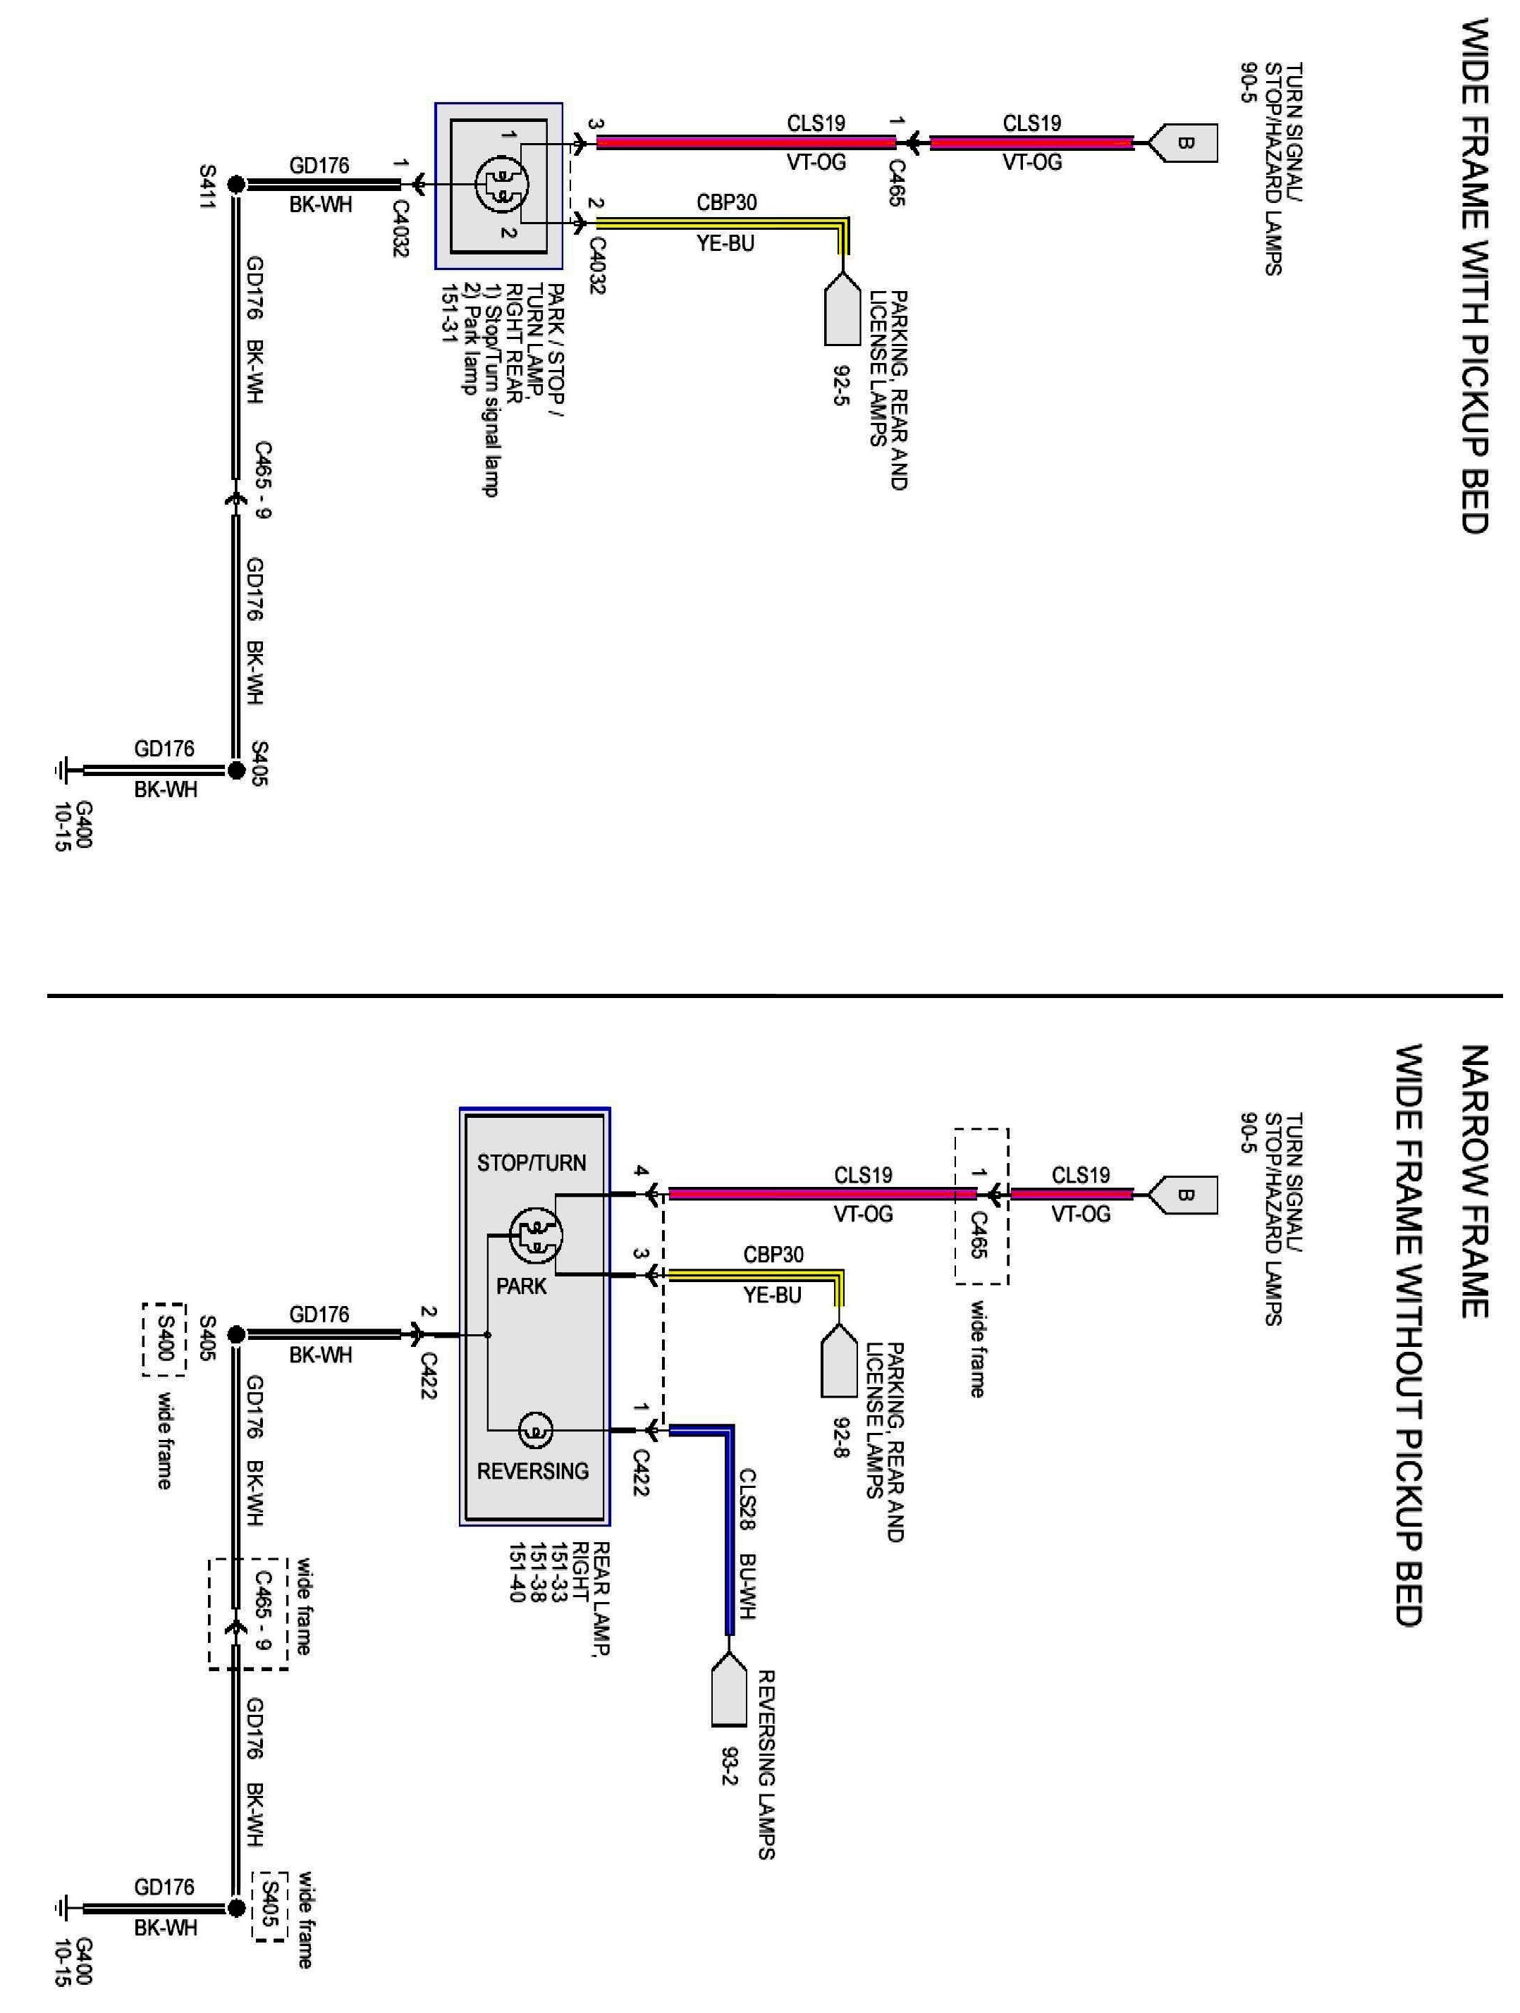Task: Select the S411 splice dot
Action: [235, 185]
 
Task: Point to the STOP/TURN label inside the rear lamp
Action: [532, 1162]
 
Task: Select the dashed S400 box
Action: [164, 1338]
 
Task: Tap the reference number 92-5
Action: [838, 385]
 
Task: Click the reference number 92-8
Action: [838, 1435]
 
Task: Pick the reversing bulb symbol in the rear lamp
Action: [534, 1432]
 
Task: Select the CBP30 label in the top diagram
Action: [726, 202]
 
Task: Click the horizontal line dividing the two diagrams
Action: [773, 997]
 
